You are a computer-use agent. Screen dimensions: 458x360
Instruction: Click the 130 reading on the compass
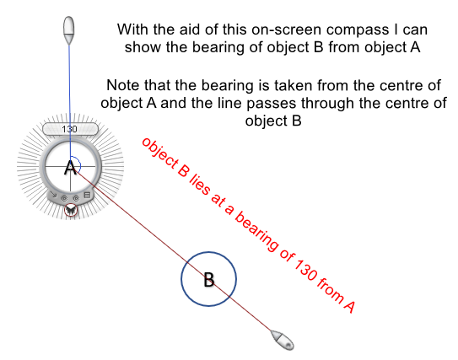69,129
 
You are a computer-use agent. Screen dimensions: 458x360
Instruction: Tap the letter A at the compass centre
70,168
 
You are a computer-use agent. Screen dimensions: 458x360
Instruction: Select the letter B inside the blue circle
209,280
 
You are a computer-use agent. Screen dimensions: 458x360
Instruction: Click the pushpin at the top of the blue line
69,30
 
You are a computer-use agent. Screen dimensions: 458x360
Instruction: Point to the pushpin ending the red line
282,340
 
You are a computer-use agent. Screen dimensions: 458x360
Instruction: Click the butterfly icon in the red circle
71,210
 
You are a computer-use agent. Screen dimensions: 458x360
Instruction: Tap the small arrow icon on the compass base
53,194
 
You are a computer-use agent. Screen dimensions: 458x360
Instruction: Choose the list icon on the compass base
87,195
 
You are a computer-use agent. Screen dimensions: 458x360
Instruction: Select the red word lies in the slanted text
200,185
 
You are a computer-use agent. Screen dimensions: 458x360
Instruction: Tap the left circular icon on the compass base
64,198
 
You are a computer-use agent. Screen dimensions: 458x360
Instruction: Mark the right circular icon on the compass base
76,198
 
